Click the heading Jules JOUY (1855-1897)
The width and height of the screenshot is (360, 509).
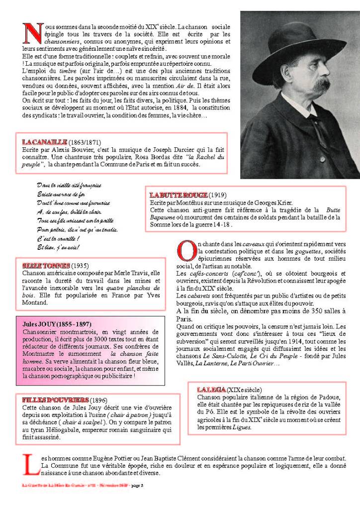[x=57, y=323]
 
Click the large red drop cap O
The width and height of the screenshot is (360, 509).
[x=185, y=250]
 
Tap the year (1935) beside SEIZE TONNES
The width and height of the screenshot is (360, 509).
[x=80, y=265]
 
